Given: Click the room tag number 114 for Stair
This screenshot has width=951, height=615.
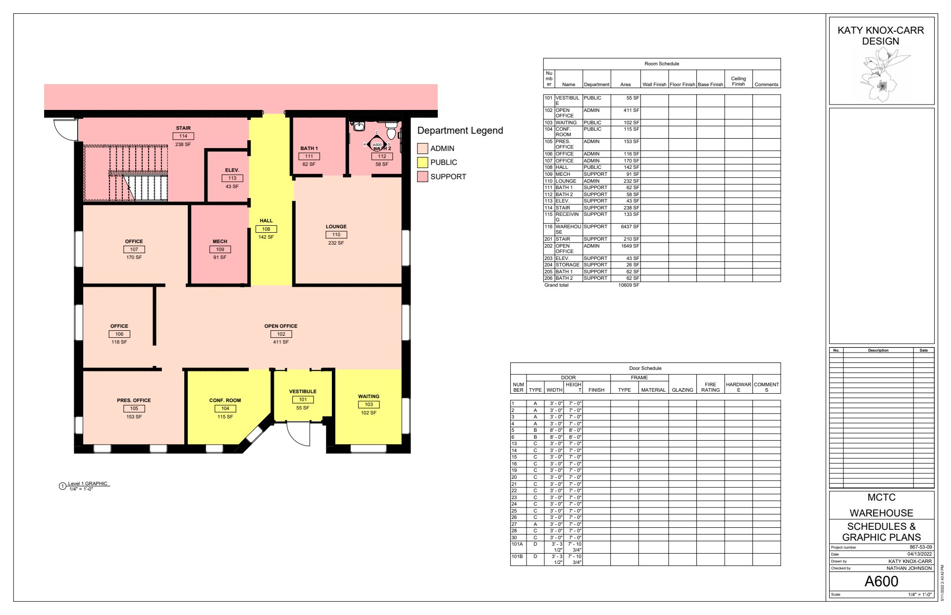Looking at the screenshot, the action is coord(183,136).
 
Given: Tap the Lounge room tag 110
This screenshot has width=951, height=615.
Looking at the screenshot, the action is coord(336,235).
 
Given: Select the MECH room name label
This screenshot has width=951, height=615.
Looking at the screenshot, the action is coord(220,242).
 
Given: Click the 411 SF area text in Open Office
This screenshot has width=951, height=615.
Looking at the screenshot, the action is coord(281,342).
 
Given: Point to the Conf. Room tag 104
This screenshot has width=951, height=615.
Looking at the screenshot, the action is coord(225,409).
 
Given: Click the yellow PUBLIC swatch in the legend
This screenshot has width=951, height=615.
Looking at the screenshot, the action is coord(423,162).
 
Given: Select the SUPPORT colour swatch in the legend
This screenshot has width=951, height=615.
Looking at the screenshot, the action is coord(423,177).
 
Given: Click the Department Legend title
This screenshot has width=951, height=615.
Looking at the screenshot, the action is coord(460,130).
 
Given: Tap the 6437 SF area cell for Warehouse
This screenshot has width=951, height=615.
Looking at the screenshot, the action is coord(630,227).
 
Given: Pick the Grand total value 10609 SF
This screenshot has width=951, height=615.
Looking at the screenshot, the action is coord(629,285).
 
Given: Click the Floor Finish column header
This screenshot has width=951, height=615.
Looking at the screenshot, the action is coord(683,85).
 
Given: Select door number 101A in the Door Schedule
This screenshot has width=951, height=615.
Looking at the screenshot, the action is coord(517,544).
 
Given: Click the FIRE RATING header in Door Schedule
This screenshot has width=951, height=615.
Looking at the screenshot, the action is coord(710,387).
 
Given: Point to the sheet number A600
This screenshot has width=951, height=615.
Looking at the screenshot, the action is coord(882,581).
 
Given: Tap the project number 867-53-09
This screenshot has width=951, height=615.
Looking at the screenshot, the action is coord(921,547).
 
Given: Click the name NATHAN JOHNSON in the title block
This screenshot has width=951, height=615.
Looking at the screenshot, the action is coord(909,568).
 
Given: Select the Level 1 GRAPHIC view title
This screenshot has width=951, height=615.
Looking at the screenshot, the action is coord(88,484).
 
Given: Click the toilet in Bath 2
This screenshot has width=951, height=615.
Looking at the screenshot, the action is coord(391,131).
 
